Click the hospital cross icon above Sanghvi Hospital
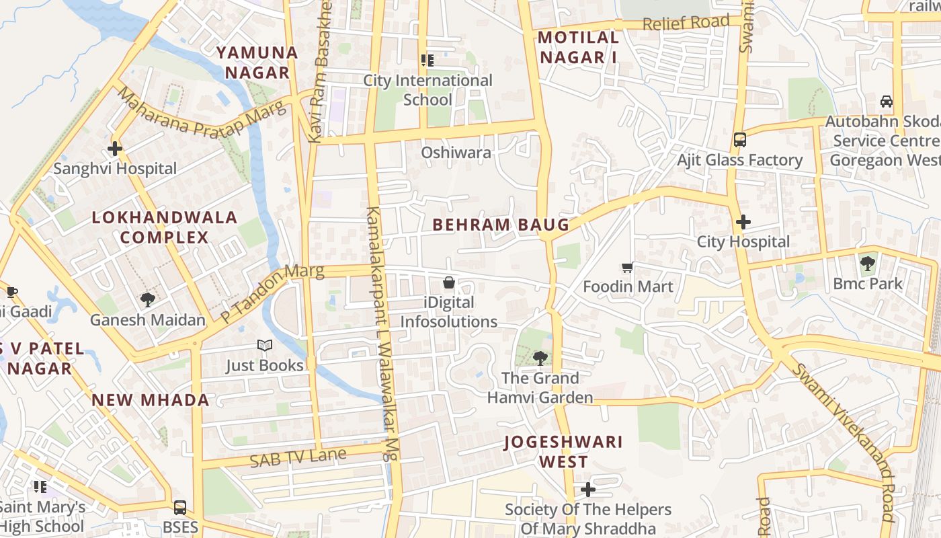click(115, 148)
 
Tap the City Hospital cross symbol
click(743, 221)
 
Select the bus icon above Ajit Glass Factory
click(739, 140)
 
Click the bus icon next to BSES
click(179, 507)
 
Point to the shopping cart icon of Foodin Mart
click(628, 268)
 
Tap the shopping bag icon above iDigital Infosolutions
click(448, 282)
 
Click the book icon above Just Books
click(265, 346)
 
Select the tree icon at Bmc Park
click(867, 263)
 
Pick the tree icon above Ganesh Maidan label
click(147, 300)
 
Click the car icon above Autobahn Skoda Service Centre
click(886, 102)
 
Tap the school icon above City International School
click(427, 61)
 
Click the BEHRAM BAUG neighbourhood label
click(501, 225)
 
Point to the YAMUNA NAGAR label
click(257, 62)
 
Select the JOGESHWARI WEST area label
click(563, 451)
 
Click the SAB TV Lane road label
click(298, 458)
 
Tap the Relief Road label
click(686, 23)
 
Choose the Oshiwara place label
click(456, 153)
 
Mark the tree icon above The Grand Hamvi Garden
click(539, 358)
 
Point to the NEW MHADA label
click(151, 400)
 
